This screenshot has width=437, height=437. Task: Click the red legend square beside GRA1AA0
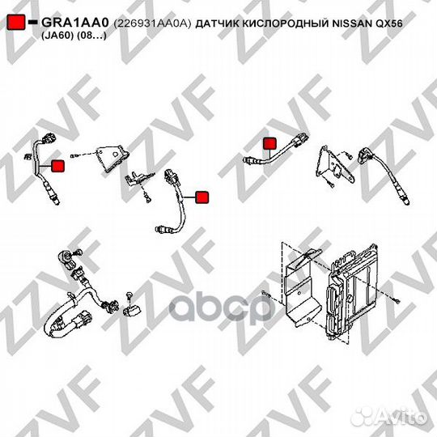16,23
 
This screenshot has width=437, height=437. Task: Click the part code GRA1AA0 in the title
75,23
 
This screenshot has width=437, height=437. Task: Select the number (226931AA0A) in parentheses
152,23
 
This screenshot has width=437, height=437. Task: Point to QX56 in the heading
389,23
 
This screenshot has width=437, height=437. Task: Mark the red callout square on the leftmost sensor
58,166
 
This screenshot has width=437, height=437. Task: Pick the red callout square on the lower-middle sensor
202,197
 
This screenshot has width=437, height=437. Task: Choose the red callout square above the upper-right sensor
269,143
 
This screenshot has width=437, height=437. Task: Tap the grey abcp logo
221,308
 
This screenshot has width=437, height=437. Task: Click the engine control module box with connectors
351,290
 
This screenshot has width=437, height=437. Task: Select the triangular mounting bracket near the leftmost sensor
112,158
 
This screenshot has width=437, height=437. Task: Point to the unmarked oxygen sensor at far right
385,176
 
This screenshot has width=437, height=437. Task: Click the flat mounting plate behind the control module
303,287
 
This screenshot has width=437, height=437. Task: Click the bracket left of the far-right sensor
334,164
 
